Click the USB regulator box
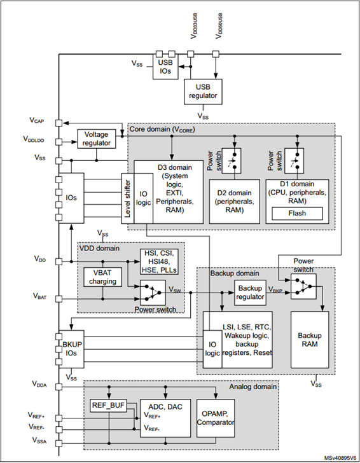(203, 92)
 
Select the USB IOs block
(165, 67)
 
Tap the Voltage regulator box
(96, 139)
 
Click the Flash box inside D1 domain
(297, 213)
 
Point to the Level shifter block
(128, 198)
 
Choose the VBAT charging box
(102, 277)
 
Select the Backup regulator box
(250, 293)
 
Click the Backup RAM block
(310, 340)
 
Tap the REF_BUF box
(109, 405)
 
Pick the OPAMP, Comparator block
(216, 418)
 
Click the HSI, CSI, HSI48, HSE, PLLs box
(159, 261)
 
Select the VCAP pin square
(59, 123)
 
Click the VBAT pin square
(59, 299)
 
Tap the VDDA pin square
(59, 387)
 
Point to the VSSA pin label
(39, 441)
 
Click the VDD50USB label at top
(219, 25)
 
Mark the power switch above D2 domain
(232, 161)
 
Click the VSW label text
(175, 289)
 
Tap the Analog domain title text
(253, 387)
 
